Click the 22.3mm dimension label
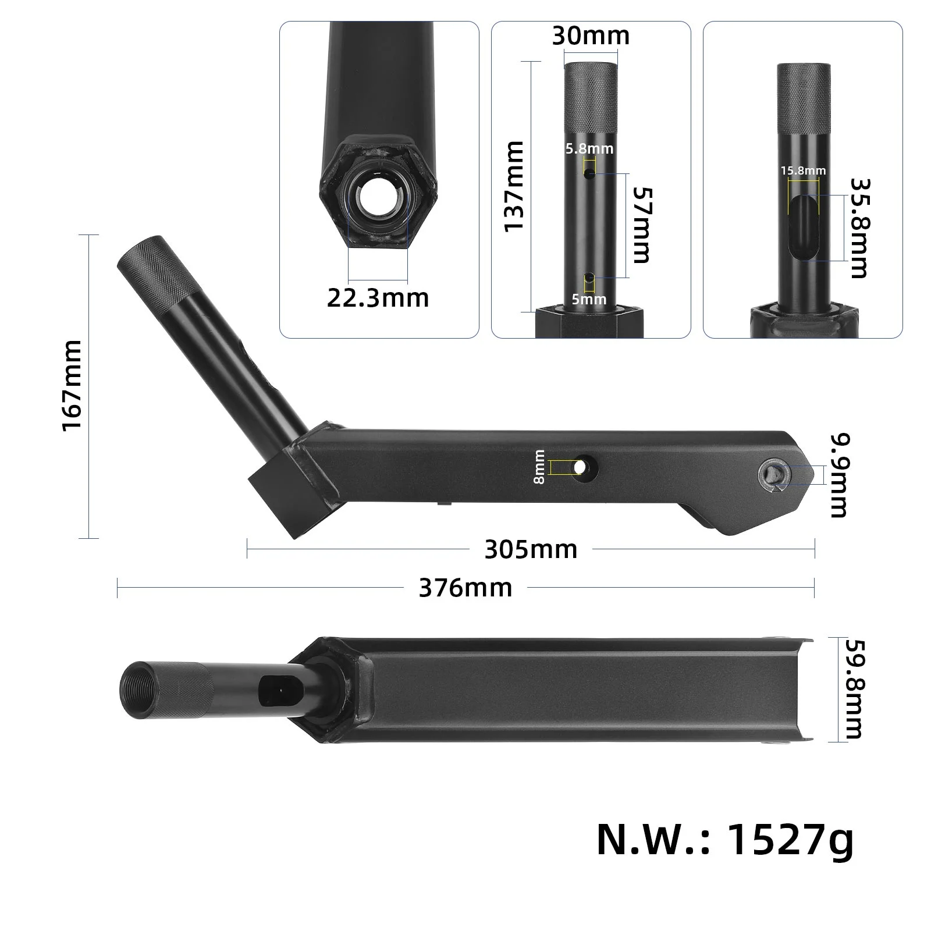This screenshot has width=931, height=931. point(378,298)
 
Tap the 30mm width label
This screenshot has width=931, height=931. point(591,36)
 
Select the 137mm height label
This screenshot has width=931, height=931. point(514,186)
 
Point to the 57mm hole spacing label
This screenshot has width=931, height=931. point(641,225)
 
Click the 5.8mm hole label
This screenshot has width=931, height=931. point(589,149)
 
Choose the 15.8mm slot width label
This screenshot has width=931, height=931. point(803,170)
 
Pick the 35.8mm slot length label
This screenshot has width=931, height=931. point(859,228)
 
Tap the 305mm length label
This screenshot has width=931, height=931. point(531,549)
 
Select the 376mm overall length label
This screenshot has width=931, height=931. point(465,588)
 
